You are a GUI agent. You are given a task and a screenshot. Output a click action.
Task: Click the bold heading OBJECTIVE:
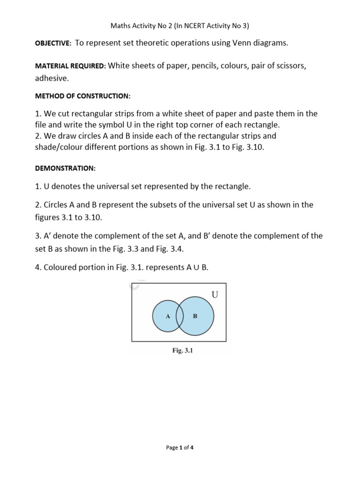click(53, 44)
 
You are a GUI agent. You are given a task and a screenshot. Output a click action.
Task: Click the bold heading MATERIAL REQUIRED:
click(71, 67)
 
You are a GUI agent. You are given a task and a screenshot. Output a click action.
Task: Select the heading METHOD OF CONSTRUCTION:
click(83, 96)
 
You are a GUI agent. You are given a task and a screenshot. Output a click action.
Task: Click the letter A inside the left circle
click(167, 316)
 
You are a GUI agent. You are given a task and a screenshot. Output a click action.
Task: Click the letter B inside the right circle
click(195, 316)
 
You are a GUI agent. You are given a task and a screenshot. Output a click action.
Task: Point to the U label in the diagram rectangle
click(215, 295)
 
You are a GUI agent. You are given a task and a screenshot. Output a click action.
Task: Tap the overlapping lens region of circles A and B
click(180, 316)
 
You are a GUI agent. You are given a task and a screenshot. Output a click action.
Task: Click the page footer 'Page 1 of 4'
click(180, 448)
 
